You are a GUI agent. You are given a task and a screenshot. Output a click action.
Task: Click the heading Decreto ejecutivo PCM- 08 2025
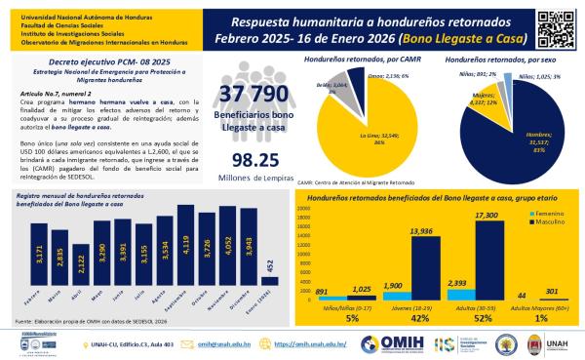click(x=89, y=60)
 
